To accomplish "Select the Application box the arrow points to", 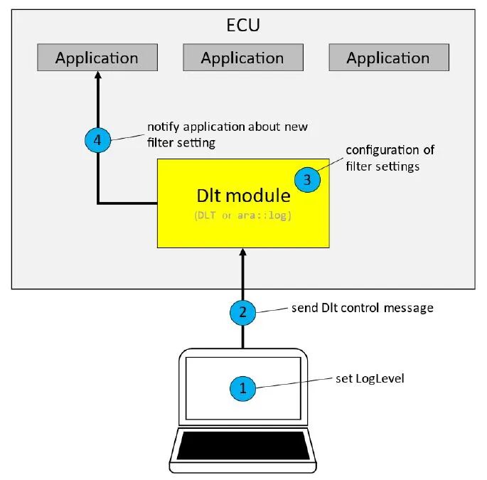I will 97,58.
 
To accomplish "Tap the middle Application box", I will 242,58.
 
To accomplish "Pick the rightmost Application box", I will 388,58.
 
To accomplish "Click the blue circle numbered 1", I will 242,388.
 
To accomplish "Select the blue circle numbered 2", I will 242,311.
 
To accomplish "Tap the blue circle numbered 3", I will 307,180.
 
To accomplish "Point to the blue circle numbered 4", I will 97,140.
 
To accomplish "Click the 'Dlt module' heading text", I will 244,196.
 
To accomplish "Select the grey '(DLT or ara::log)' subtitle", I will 243,214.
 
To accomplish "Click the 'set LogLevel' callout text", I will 370,378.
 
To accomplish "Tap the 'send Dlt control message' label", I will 362,308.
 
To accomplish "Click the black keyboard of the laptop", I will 243,446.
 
